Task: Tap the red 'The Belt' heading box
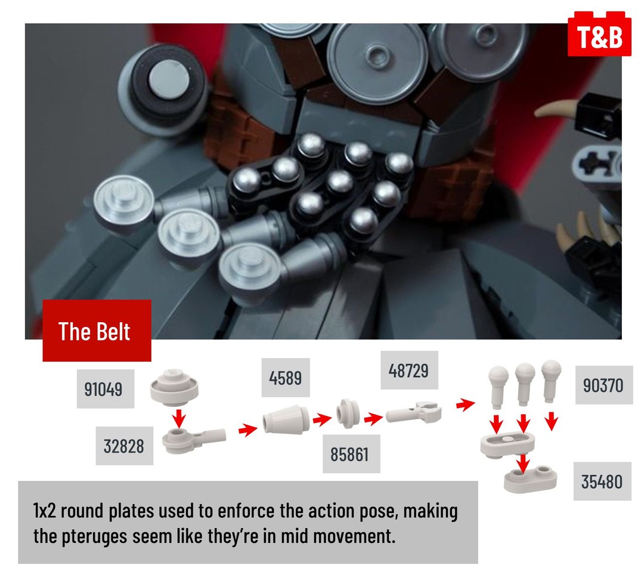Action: click(97, 331)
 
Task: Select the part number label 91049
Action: click(105, 388)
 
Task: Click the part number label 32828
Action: click(124, 446)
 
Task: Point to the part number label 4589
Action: click(286, 377)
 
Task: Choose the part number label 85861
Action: click(351, 454)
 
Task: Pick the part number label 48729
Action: click(409, 370)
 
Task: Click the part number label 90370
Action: click(603, 385)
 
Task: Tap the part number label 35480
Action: click(602, 481)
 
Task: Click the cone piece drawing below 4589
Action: click(286, 419)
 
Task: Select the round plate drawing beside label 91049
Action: click(174, 388)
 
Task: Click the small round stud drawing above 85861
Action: click(348, 414)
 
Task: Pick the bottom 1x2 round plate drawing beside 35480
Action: click(530, 479)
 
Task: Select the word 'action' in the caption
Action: click(332, 511)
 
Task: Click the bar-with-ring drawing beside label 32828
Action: click(193, 439)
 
